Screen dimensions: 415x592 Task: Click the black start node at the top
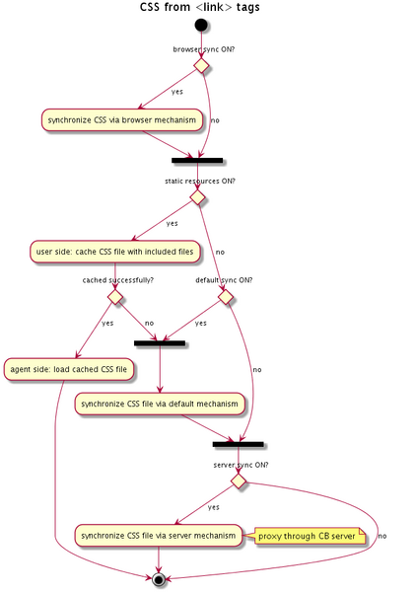[201, 26]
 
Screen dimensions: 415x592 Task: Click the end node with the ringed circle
[159, 578]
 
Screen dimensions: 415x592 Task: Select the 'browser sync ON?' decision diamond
[201, 66]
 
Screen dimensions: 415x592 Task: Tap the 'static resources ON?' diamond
[197, 197]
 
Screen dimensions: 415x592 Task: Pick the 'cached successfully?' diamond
[115, 297]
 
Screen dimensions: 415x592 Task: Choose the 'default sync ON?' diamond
[226, 297]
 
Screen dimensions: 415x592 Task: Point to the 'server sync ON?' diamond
[239, 481]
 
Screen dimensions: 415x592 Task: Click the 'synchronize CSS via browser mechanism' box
[122, 120]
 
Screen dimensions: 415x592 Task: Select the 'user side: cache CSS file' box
[114, 252]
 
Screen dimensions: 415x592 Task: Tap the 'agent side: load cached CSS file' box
[69, 369]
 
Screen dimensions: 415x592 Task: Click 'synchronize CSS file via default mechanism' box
[160, 404]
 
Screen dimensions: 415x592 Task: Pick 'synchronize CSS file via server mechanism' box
[159, 536]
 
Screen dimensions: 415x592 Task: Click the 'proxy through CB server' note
[311, 536]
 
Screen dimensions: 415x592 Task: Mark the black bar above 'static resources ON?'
[197, 161]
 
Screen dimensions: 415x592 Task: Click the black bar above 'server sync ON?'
[239, 444]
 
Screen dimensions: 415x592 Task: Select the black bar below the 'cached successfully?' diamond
[160, 343]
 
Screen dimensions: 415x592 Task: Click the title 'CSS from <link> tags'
[199, 7]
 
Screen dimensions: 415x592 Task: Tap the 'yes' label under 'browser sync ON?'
[176, 92]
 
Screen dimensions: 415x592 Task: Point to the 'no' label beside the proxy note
[382, 536]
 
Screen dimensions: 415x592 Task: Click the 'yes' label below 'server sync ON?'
[214, 507]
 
